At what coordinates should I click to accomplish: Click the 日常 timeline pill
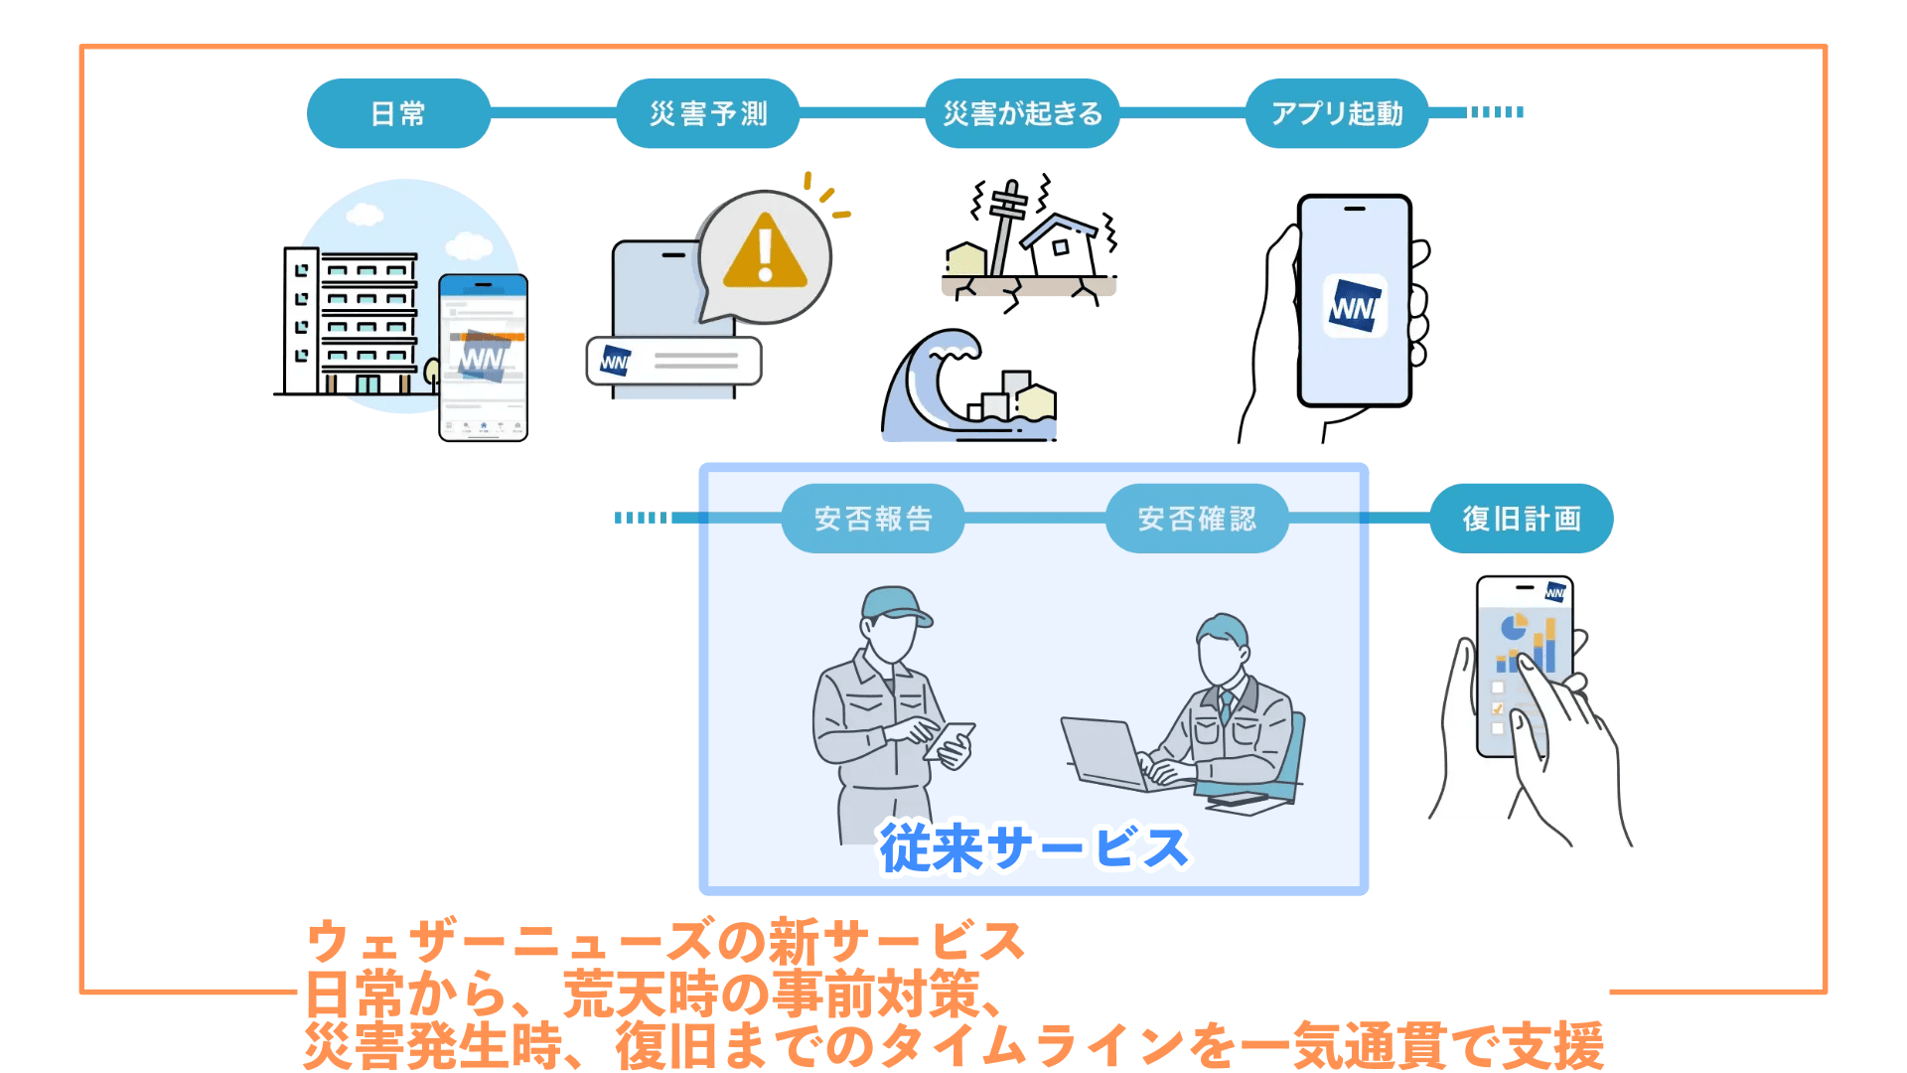(398, 113)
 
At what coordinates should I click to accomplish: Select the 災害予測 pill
(708, 113)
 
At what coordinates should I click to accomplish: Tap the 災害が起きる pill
(1022, 113)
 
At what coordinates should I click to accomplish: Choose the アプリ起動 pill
(1337, 113)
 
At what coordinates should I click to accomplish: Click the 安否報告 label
(873, 519)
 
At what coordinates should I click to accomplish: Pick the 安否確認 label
(1197, 519)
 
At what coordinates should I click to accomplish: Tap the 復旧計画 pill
(1521, 519)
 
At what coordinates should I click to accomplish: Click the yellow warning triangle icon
(764, 253)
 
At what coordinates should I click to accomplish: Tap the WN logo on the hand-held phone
(1355, 306)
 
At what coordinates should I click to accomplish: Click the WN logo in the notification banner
(615, 361)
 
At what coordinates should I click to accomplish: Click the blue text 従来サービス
(1033, 848)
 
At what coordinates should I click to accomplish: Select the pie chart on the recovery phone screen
(1513, 627)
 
